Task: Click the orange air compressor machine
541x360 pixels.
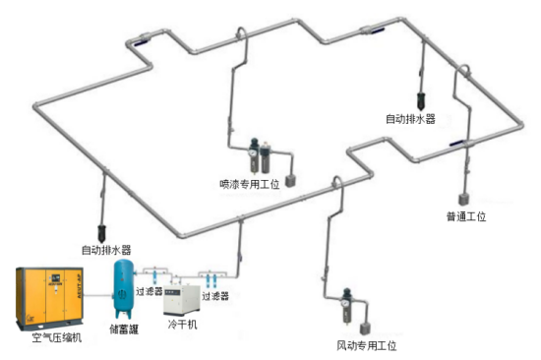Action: coord(45,298)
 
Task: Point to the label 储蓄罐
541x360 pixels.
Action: coord(124,330)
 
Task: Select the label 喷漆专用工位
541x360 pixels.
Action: coord(250,183)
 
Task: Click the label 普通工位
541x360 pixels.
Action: coord(465,216)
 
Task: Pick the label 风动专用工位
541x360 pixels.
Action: coord(366,346)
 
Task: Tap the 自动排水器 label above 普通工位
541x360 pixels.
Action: coord(410,119)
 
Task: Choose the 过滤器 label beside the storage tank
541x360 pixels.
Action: coord(148,292)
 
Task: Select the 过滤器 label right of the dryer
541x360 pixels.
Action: coord(215,295)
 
